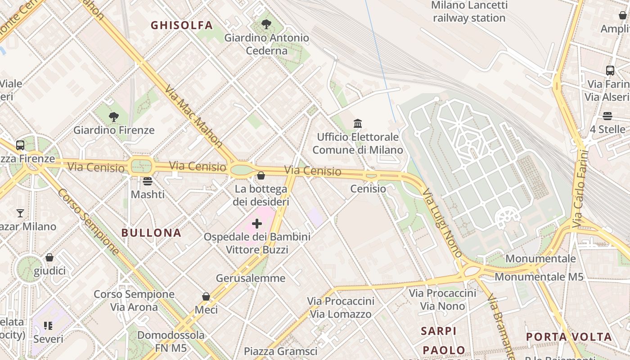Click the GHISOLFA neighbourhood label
point(182,25)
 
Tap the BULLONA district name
point(152,233)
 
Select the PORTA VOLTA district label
point(569,337)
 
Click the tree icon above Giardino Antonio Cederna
point(266,24)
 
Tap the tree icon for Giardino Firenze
point(114,117)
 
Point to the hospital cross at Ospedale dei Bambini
point(257,224)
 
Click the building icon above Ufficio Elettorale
point(358,123)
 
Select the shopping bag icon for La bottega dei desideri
point(261,175)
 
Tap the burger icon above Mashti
point(148,181)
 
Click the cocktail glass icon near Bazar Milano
point(20,213)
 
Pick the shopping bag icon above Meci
point(206,297)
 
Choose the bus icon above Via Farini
point(610,71)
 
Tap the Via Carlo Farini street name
point(580,189)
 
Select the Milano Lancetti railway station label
point(469,12)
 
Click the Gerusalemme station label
point(251,278)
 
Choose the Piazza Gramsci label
point(280,351)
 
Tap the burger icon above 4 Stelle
point(607,116)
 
